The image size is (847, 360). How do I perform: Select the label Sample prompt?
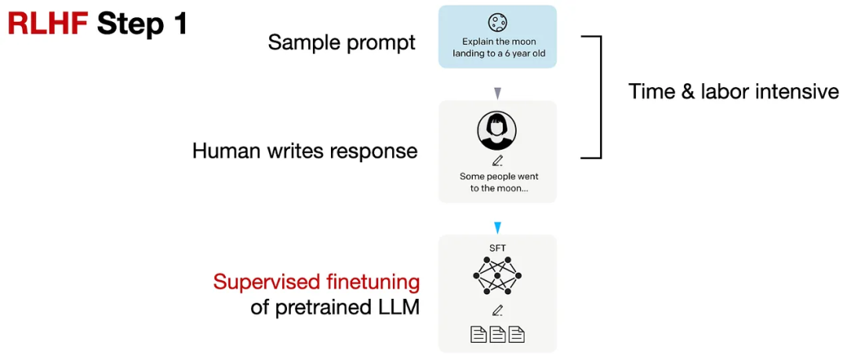click(x=342, y=42)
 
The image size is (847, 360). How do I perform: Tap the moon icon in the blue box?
click(x=497, y=23)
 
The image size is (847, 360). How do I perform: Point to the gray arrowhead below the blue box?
click(x=497, y=94)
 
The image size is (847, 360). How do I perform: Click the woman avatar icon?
click(x=497, y=131)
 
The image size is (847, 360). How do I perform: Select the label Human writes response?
click(x=304, y=151)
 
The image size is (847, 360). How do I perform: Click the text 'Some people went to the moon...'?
click(x=499, y=182)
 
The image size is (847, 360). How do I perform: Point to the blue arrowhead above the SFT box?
click(x=497, y=227)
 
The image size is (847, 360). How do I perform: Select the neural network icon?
click(x=497, y=276)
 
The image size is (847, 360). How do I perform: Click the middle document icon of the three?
click(x=497, y=335)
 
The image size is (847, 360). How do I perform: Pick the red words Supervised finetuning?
click(x=317, y=282)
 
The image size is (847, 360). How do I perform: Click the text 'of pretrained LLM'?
click(x=335, y=307)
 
